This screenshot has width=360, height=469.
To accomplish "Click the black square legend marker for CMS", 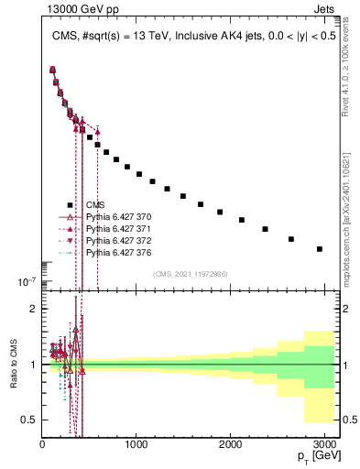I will coord(69,205).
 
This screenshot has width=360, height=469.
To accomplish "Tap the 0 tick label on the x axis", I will coord(42,445).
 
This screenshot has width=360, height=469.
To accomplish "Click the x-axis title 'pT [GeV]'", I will coord(314,457).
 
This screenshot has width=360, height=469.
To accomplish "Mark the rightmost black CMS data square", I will coord(320,248).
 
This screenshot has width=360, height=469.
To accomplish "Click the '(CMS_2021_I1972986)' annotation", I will coord(191,274).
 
